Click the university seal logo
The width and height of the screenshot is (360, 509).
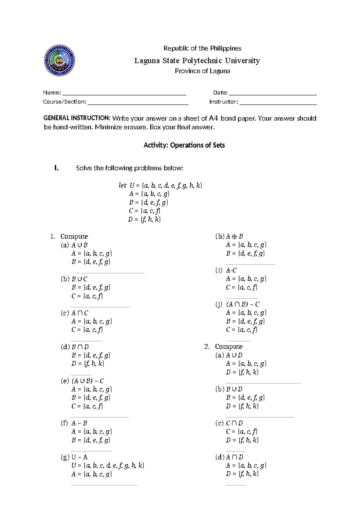click(x=59, y=61)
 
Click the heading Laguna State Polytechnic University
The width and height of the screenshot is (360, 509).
click(x=197, y=61)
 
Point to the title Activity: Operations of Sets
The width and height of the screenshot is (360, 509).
click(x=184, y=145)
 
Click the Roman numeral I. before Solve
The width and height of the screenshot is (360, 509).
click(x=56, y=168)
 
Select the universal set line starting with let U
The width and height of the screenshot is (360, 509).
click(x=160, y=185)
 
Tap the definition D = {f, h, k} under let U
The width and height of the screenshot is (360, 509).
click(x=144, y=219)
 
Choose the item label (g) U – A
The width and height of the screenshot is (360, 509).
click(x=74, y=457)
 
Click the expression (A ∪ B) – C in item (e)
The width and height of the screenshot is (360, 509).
click(x=88, y=381)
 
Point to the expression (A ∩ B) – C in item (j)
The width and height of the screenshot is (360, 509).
click(x=243, y=304)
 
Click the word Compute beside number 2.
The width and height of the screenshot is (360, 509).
click(x=229, y=347)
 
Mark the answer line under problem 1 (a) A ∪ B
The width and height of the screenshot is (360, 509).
click(x=107, y=273)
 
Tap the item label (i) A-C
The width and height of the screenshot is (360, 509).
click(x=226, y=270)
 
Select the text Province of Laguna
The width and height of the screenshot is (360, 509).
click(x=202, y=71)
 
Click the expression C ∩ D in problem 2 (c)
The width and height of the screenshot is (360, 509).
click(x=234, y=423)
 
